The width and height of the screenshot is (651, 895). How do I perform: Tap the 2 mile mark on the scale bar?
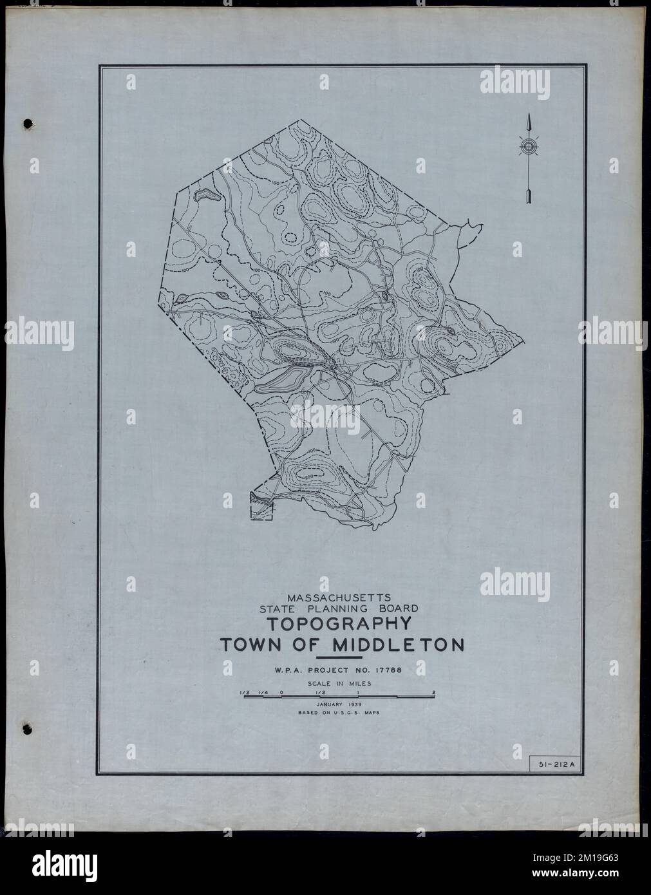[435, 693]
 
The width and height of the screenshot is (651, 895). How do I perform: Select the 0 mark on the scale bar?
[281, 693]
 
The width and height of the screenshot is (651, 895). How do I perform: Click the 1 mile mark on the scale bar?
[358, 693]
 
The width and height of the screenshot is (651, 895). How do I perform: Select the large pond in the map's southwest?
[283, 379]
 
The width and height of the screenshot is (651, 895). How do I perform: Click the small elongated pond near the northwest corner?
[208, 194]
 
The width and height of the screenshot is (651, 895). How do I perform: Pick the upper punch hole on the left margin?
[27, 122]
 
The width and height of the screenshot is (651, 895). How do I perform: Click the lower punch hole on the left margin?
[27, 729]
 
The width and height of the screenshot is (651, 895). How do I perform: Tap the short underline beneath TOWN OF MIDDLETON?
[348, 658]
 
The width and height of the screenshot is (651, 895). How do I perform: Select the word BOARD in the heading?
[399, 607]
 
